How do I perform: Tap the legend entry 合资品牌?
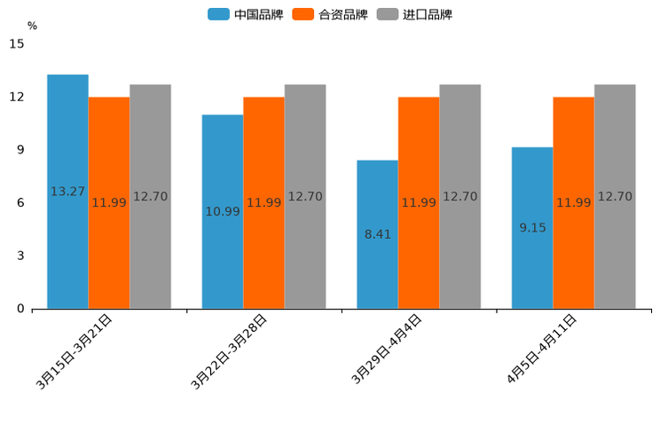point(330,14)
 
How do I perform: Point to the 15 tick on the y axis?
point(17,43)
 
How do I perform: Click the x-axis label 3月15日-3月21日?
point(75,351)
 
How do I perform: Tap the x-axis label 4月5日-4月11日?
point(541,350)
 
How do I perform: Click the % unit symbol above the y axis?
point(32,26)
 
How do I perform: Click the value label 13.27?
point(67,192)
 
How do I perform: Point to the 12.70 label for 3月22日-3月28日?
point(305,197)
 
